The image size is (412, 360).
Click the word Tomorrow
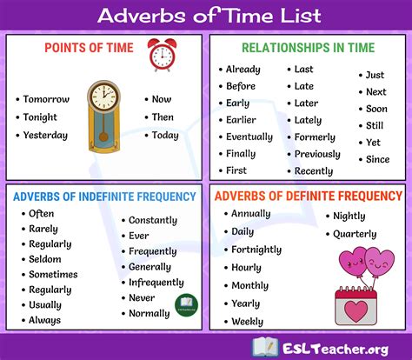click(x=46, y=100)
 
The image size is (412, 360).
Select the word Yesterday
click(x=46, y=135)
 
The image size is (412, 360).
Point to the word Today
click(x=165, y=135)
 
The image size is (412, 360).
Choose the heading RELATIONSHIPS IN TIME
click(x=308, y=47)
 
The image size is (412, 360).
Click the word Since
click(x=377, y=159)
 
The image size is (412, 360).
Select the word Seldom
click(x=44, y=259)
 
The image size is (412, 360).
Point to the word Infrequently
click(x=157, y=283)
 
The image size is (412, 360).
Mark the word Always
click(x=45, y=321)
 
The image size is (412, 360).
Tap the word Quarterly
click(x=354, y=234)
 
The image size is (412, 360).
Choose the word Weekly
click(x=247, y=322)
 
